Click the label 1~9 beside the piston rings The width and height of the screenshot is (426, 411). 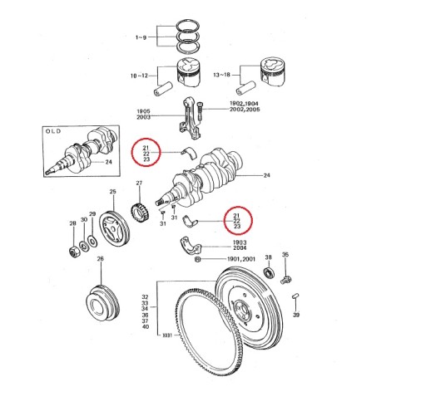(x=141, y=38)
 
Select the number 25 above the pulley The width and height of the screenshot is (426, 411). (x=113, y=193)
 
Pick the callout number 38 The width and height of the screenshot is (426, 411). (x=268, y=258)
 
